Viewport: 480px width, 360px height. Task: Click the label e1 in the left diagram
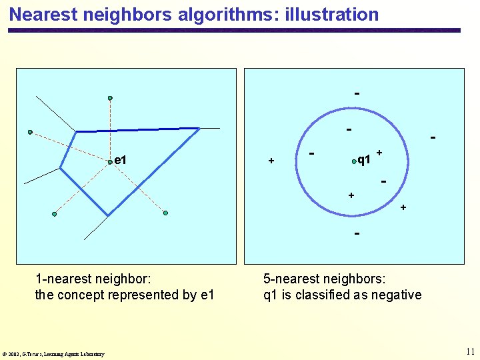tap(121, 160)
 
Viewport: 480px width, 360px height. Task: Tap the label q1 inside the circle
tap(364, 160)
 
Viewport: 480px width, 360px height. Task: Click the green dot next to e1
tap(110, 161)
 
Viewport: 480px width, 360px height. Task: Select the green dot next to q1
tap(354, 161)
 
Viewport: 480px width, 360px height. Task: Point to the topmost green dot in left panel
tap(110, 98)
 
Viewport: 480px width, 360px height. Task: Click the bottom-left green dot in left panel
tap(55, 214)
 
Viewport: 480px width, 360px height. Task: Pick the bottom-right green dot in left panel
tap(165, 213)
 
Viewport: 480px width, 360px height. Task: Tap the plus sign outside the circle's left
tap(271, 161)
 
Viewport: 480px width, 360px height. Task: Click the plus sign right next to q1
tap(379, 153)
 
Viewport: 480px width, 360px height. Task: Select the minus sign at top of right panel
tap(357, 93)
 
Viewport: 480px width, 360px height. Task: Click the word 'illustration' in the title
tap(331, 14)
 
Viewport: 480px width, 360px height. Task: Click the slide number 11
tap(471, 351)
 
